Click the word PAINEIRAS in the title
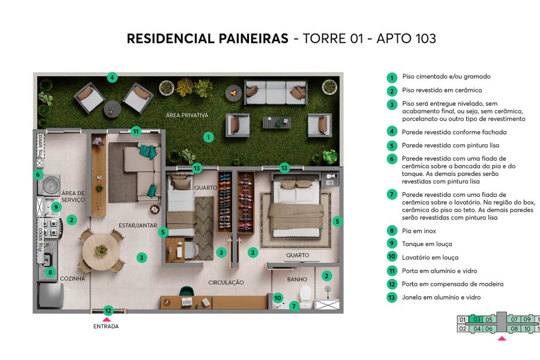click(249, 39)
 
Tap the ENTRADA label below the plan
click(106, 326)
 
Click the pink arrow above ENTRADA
click(106, 319)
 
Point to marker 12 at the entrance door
click(107, 310)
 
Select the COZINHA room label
click(72, 278)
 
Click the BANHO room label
click(297, 279)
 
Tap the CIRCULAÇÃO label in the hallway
click(226, 282)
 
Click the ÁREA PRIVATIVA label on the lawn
click(187, 115)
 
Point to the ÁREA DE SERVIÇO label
click(73, 197)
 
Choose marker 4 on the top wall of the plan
click(112, 77)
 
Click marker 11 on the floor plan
click(136, 131)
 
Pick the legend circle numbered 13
click(392, 298)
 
